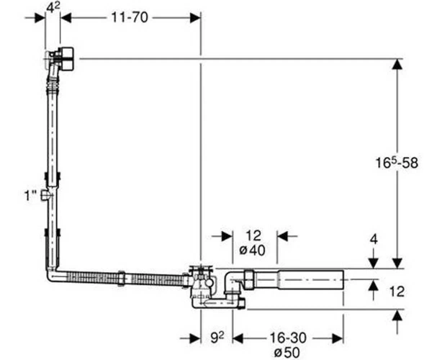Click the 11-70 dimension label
point(130,17)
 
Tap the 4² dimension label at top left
point(53,7)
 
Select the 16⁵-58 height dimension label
point(397,163)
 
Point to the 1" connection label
point(30,196)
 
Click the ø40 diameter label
point(253,251)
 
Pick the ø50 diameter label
point(287,352)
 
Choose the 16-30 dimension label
point(287,338)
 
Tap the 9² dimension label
point(217,338)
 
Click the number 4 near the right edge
point(374,239)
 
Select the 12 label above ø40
point(253,235)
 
